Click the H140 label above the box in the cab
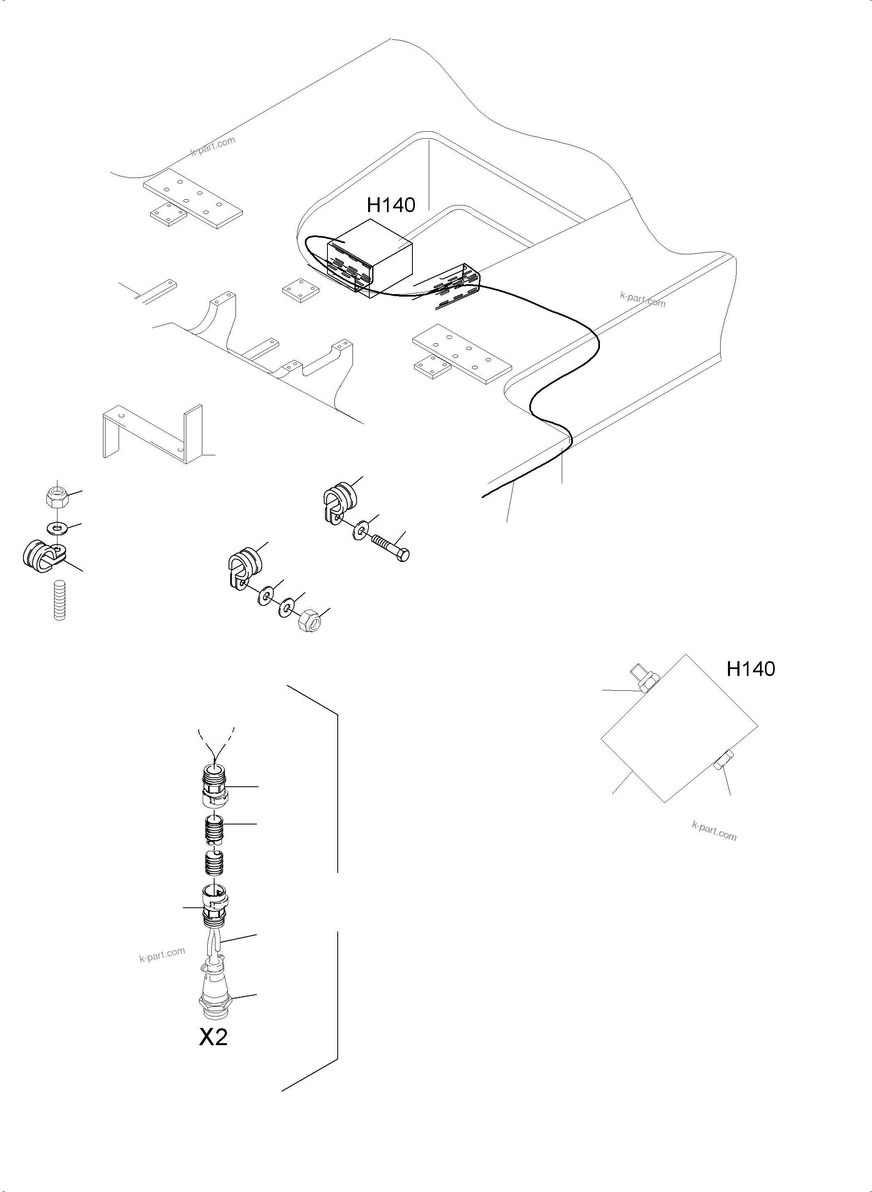pos(391,205)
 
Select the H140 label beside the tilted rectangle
pos(750,669)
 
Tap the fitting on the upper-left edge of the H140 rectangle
pos(642,680)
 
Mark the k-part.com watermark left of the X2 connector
pos(162,954)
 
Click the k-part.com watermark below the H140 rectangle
pos(714,831)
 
